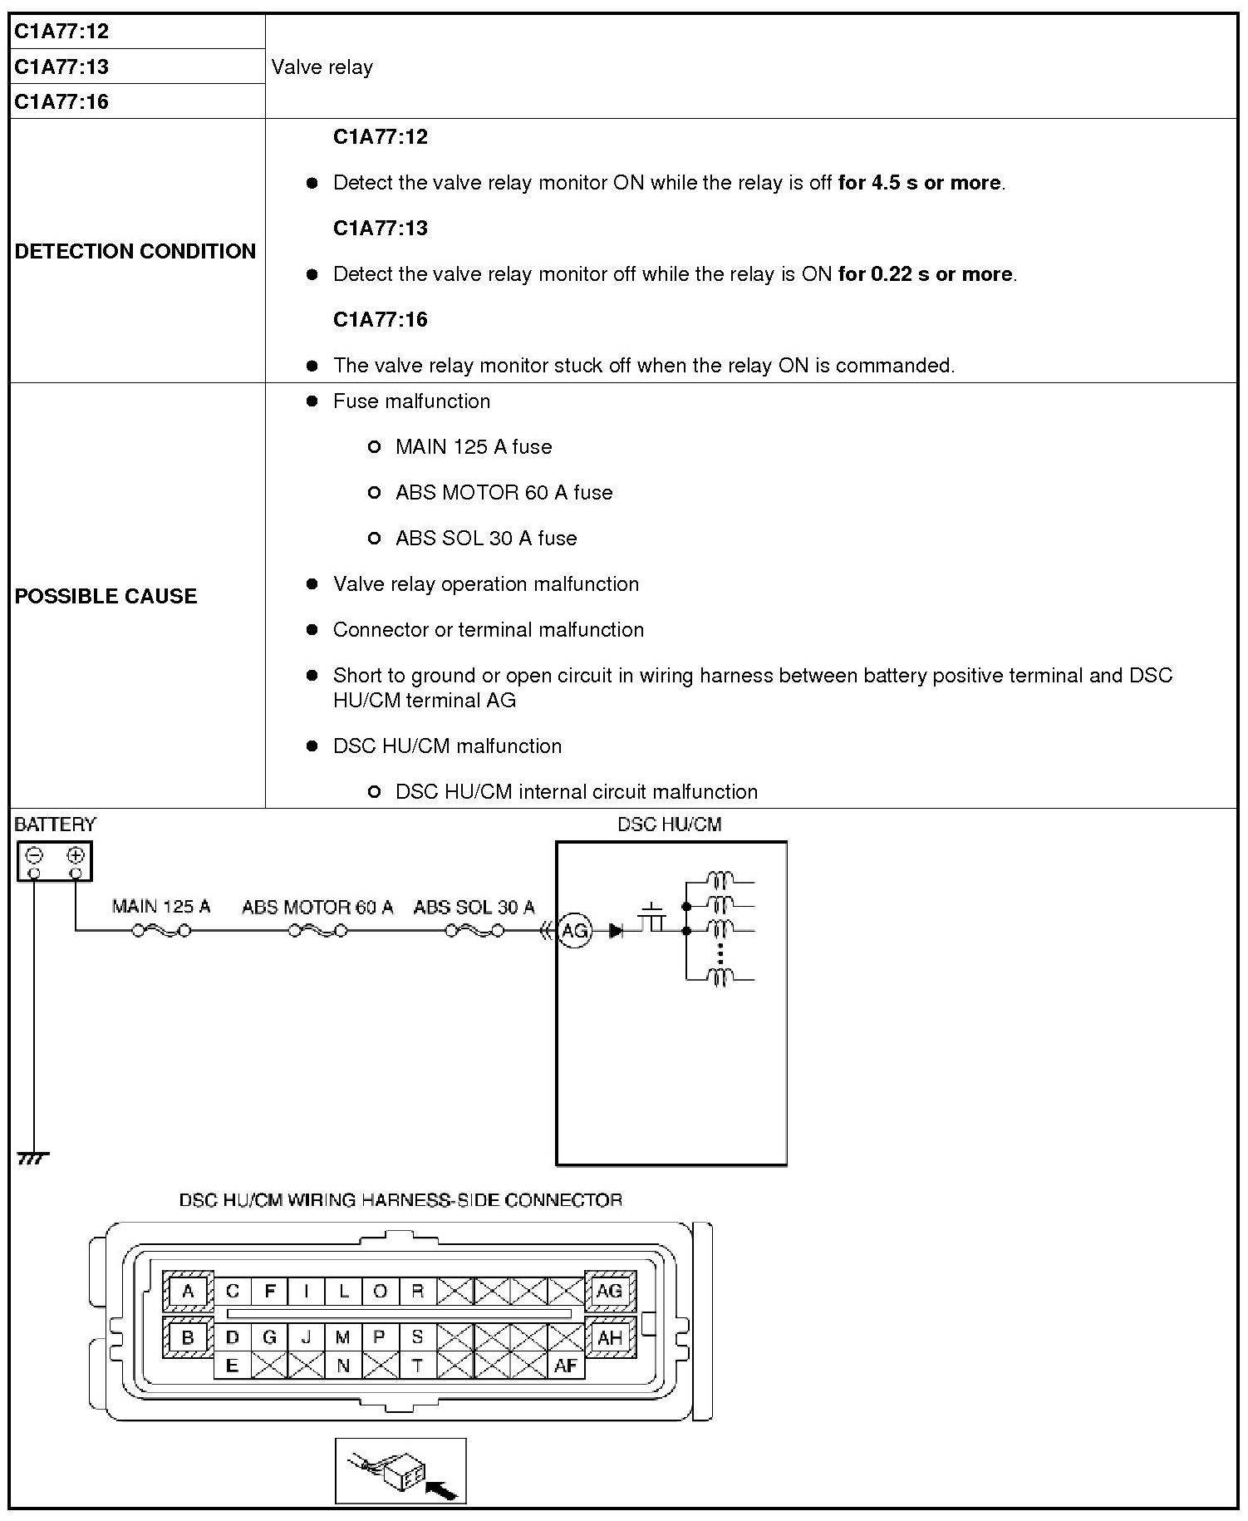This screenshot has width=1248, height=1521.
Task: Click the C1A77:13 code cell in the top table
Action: tap(61, 66)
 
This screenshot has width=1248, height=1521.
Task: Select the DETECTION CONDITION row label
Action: tap(135, 251)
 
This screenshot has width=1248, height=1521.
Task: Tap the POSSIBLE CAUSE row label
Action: tap(106, 596)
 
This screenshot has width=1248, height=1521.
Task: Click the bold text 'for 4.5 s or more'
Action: tap(919, 183)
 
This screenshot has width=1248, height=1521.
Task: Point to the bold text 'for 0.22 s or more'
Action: tap(926, 274)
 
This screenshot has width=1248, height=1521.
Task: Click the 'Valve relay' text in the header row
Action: tap(322, 67)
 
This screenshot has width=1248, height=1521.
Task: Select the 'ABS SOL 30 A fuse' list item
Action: tap(486, 539)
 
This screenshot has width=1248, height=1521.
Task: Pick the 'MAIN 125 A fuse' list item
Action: tap(474, 447)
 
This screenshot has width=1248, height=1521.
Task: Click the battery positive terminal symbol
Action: tap(76, 855)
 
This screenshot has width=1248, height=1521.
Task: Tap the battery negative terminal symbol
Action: tap(35, 855)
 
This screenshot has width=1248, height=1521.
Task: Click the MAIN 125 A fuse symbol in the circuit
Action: tap(161, 931)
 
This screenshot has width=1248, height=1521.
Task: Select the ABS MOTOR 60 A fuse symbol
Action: tap(318, 931)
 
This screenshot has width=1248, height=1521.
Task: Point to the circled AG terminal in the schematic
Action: tap(575, 931)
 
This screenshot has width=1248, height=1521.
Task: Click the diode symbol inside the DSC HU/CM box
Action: tap(617, 931)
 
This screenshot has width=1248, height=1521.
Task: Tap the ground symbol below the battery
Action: tap(32, 1157)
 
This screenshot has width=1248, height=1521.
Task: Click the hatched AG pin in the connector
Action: tap(610, 1291)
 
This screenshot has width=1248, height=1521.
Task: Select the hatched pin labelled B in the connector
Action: tap(188, 1337)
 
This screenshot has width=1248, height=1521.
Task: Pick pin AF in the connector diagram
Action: tap(566, 1365)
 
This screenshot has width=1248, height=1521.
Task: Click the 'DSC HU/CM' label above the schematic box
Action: tap(670, 824)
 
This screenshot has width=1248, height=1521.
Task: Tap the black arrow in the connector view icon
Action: tap(441, 1490)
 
